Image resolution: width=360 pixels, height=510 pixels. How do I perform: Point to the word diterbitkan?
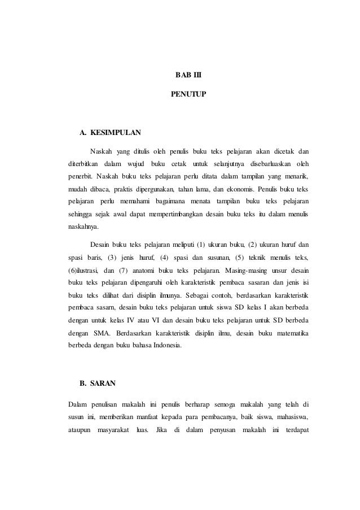tap(82, 164)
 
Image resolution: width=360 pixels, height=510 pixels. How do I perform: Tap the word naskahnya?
tap(82, 226)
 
